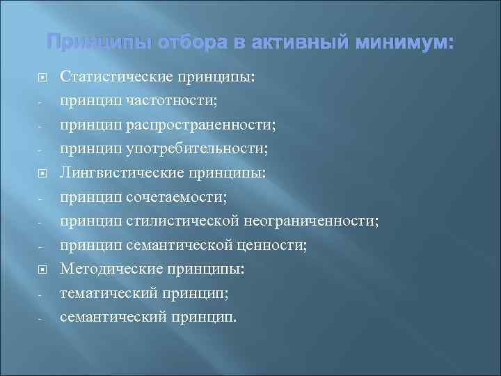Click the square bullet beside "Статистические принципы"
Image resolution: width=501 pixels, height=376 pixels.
[42, 77]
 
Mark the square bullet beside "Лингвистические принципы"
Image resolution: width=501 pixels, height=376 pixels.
[42, 173]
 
